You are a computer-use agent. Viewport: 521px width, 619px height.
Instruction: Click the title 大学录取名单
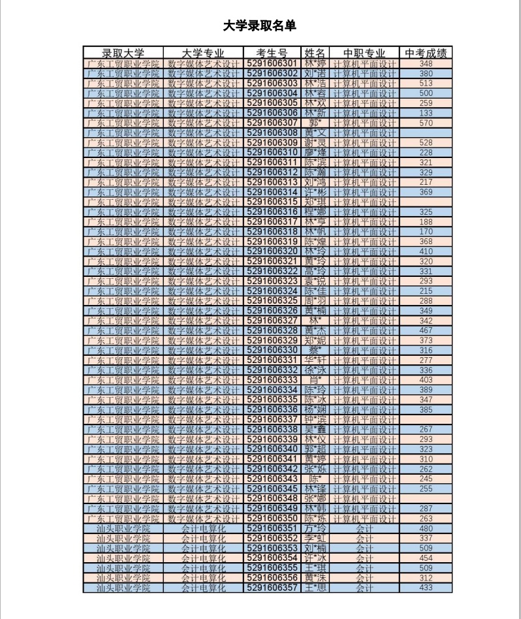259,26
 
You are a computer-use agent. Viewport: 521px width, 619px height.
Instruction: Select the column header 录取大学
123,53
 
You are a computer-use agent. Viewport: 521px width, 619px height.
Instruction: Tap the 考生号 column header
272,53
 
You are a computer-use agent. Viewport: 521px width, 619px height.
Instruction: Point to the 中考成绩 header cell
426,53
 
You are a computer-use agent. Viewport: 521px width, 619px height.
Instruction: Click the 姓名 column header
315,53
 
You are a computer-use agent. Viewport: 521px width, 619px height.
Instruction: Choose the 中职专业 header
364,53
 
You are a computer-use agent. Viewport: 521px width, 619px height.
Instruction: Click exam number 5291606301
272,64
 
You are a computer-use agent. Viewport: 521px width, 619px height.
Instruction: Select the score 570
426,123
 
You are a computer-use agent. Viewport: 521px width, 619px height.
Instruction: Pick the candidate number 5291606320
272,251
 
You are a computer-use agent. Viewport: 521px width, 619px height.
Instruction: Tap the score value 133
426,113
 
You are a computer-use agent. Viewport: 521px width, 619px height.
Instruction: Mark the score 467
426,331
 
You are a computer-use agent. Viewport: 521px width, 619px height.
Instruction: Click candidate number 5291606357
272,588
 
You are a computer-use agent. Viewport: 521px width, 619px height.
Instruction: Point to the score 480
426,528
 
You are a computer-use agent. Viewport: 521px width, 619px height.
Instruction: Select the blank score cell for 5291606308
426,133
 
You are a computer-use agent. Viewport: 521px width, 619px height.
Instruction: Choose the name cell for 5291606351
315,528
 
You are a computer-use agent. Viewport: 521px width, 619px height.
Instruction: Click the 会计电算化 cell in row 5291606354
203,558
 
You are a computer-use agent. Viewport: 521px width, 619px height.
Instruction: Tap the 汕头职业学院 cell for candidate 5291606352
123,538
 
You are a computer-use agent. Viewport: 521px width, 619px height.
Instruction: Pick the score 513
426,84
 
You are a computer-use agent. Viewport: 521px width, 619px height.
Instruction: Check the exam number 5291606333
272,380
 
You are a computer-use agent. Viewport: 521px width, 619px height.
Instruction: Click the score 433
426,588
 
